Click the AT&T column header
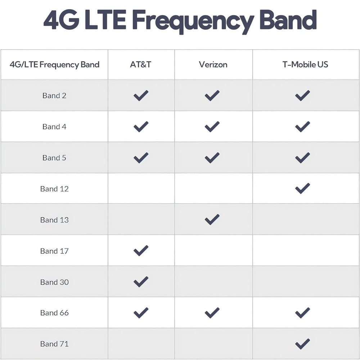(x=140, y=64)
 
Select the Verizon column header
(x=213, y=64)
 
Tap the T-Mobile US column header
(x=305, y=64)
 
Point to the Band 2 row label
(x=54, y=95)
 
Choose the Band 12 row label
(x=54, y=189)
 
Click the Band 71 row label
(x=54, y=344)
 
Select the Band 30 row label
(x=54, y=282)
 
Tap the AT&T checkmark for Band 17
(x=141, y=251)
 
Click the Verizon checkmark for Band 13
(x=212, y=220)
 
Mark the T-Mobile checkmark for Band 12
(x=302, y=189)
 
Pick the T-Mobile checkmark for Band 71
(x=302, y=344)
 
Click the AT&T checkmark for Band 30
(x=141, y=282)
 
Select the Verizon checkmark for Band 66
(x=212, y=313)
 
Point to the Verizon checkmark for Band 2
(x=212, y=95)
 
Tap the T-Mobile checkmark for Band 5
(x=302, y=158)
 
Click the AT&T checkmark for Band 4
(x=141, y=127)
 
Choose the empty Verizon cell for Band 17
(x=213, y=250)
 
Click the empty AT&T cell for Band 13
(x=141, y=219)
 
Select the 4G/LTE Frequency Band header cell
(x=54, y=65)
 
